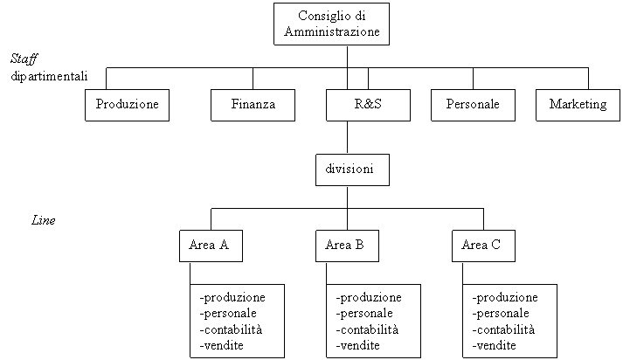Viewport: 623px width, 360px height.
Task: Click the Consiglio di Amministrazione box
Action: tap(331, 24)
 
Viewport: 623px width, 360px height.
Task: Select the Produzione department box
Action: tap(128, 106)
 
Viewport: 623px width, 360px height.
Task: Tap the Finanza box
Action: tap(253, 106)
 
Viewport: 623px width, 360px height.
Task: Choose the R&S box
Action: tap(369, 106)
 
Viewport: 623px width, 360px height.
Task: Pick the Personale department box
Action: tap(474, 106)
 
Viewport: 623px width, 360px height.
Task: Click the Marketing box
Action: tap(578, 106)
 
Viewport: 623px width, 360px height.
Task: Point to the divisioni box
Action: tap(352, 170)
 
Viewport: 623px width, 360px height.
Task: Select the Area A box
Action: tap(211, 246)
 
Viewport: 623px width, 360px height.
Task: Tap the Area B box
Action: tap(347, 246)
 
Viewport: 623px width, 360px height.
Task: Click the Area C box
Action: tap(483, 246)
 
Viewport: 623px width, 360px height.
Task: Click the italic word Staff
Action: tap(24, 59)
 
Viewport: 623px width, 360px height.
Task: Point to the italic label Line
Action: tap(44, 220)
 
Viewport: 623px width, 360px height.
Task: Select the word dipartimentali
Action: tap(49, 76)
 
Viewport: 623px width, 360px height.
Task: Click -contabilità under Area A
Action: tap(231, 329)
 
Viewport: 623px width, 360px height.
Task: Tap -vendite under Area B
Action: tap(357, 345)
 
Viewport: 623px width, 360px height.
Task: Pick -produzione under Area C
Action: tap(505, 298)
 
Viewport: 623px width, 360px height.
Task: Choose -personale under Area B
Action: tap(364, 314)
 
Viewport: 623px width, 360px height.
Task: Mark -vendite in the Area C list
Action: tap(494, 345)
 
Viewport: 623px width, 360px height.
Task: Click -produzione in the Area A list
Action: tap(232, 298)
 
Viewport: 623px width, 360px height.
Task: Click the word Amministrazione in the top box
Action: tap(332, 31)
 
